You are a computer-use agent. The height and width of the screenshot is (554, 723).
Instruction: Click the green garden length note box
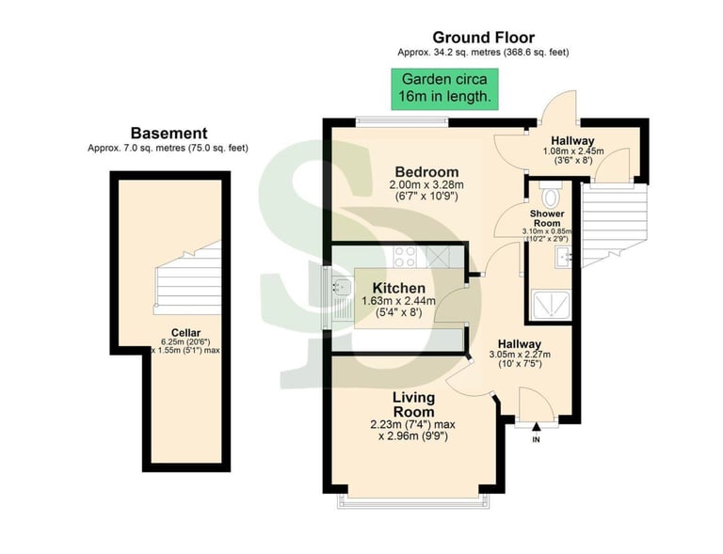[446, 88]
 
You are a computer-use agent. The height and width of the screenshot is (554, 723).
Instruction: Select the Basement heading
[169, 134]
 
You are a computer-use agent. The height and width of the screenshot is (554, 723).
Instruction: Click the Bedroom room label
[426, 172]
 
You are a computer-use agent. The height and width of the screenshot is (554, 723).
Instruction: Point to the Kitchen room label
[398, 288]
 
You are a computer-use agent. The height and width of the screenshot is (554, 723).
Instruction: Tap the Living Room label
[413, 404]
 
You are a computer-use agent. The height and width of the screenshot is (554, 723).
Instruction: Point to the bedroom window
[402, 120]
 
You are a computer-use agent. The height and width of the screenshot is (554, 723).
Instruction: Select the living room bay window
[414, 499]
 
